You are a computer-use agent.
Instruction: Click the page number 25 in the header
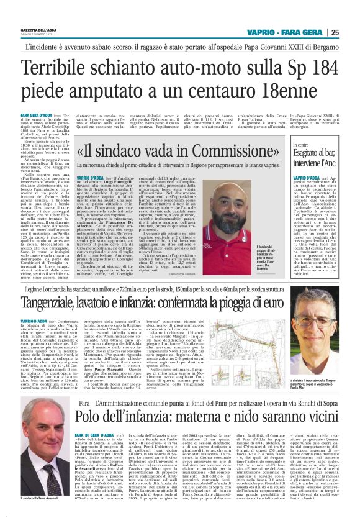(x=351, y=32)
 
